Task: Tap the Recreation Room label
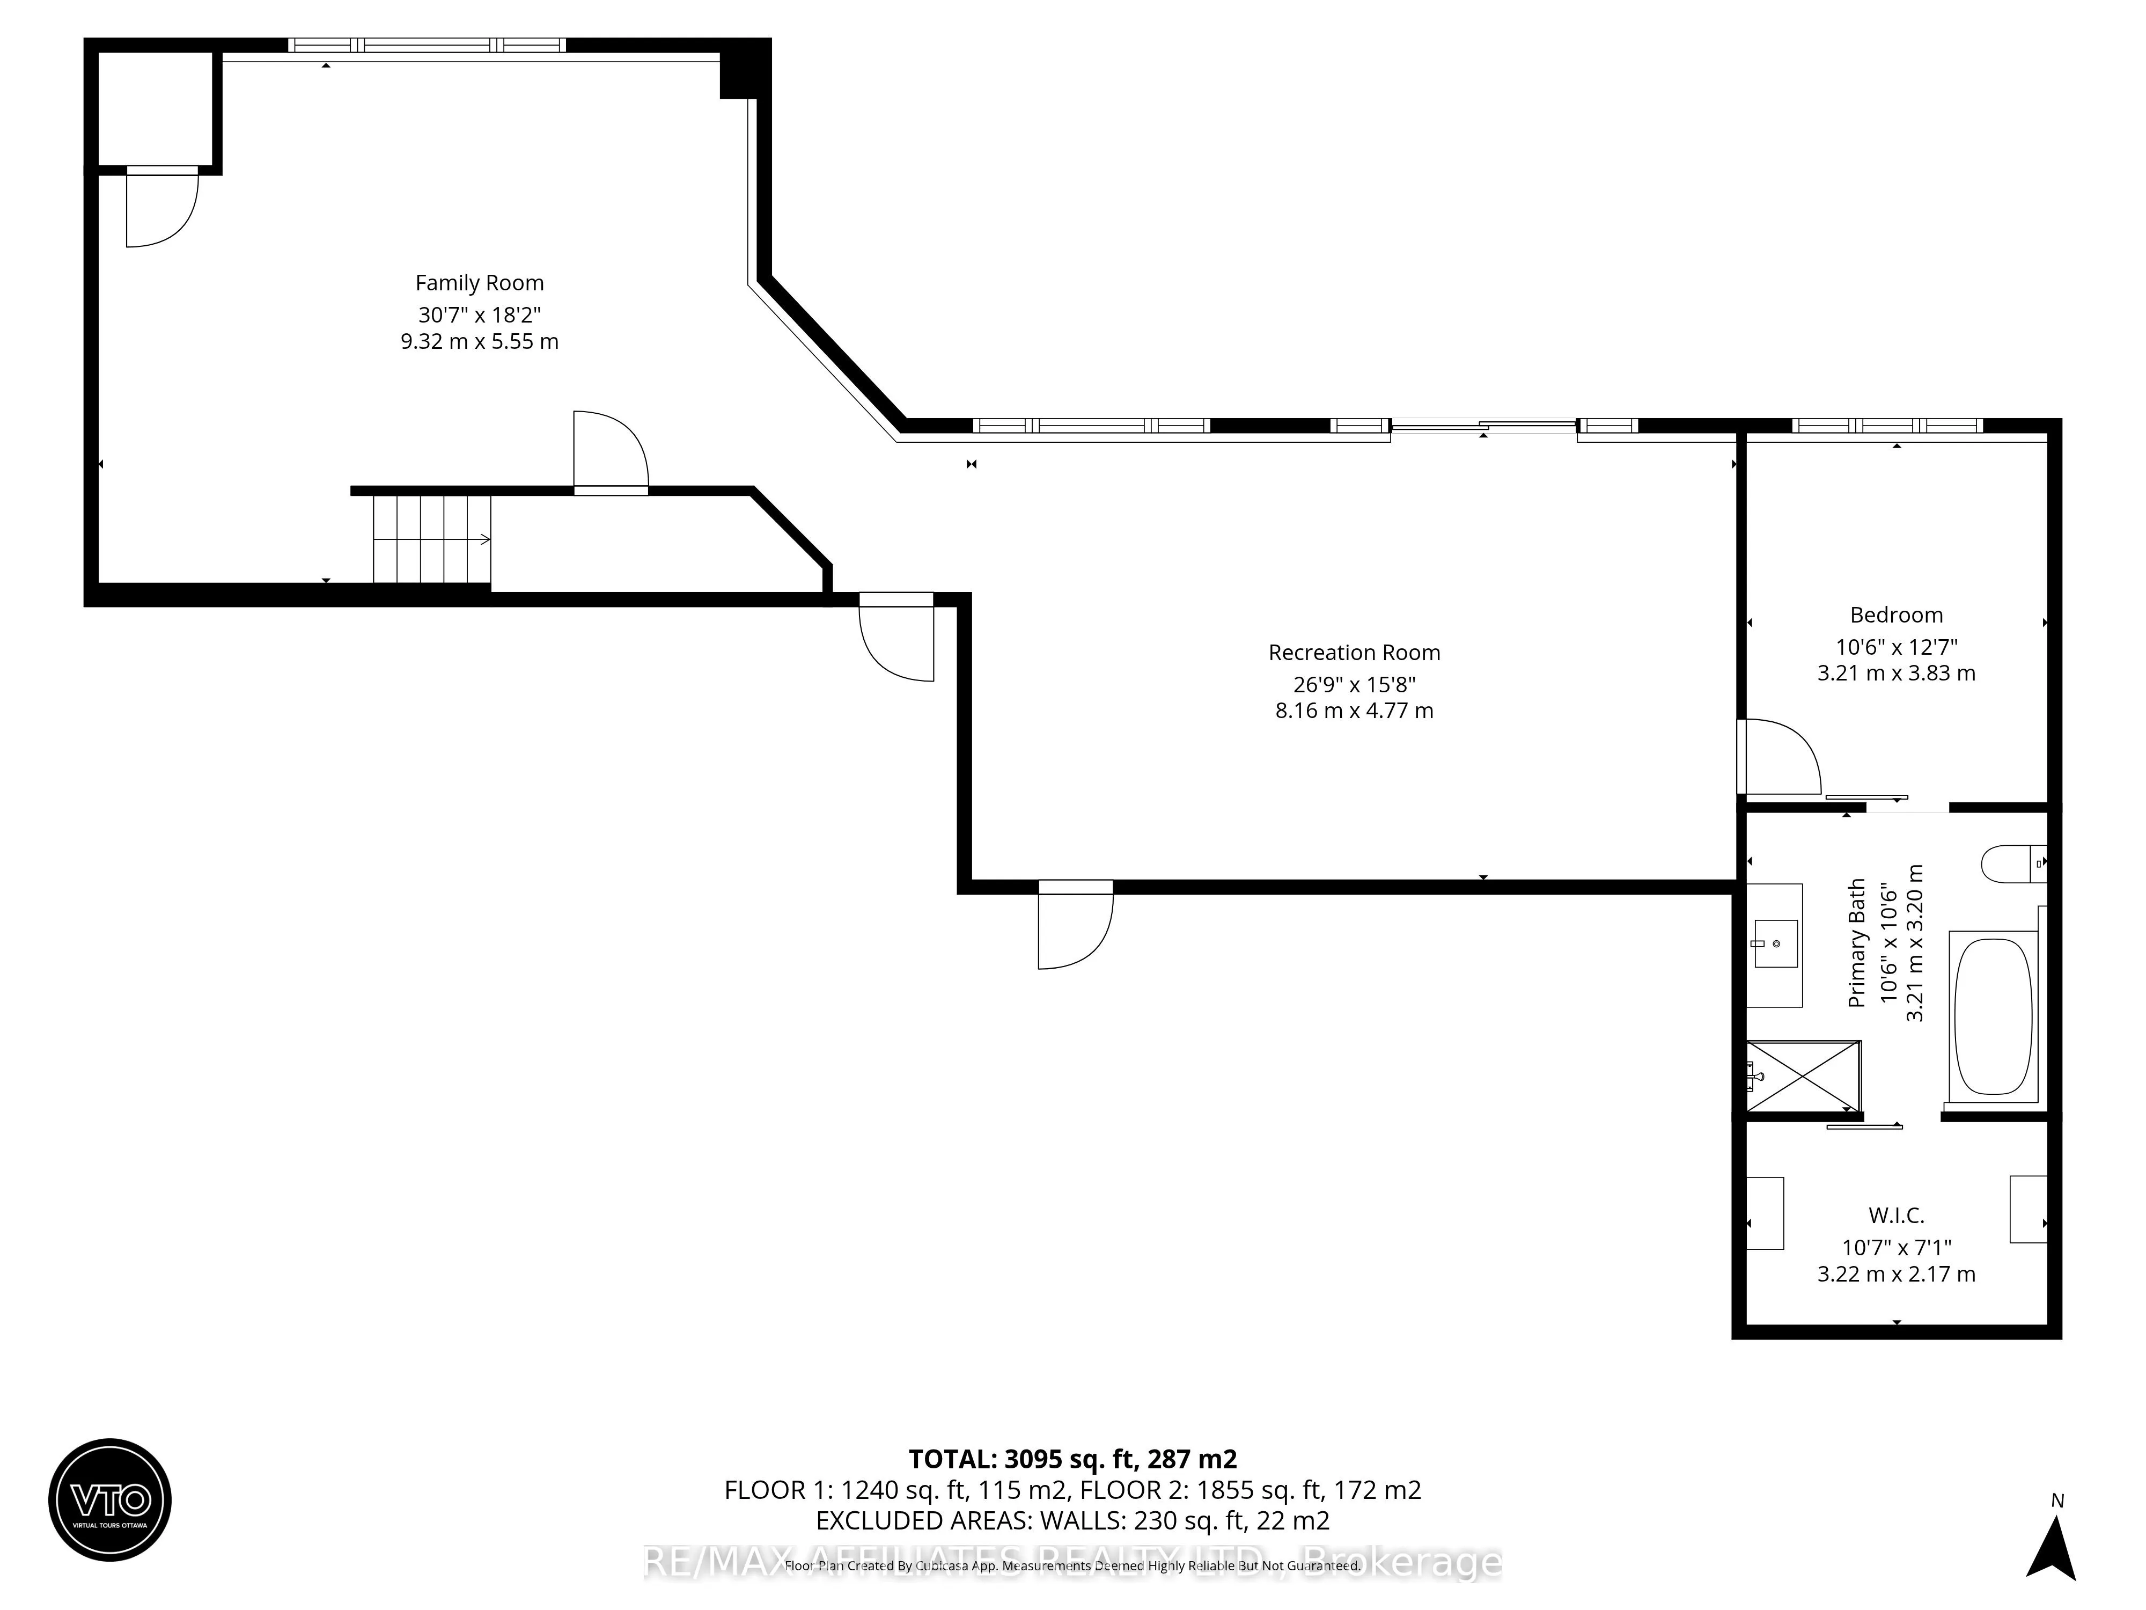(x=1354, y=653)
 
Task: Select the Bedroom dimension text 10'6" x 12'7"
(x=1895, y=646)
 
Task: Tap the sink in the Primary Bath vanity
(x=1775, y=944)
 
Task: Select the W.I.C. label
(x=1895, y=1215)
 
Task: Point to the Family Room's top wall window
(x=427, y=45)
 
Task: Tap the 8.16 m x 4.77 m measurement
(x=1354, y=711)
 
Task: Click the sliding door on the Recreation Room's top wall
(x=1482, y=425)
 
